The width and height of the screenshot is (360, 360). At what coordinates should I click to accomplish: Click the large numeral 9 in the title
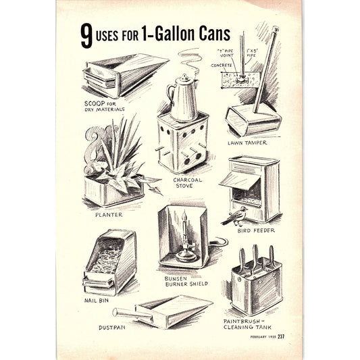pos(86,36)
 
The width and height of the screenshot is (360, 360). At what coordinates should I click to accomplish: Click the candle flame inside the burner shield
pos(183,217)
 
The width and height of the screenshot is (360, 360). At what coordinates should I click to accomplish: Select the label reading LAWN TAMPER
pos(248,143)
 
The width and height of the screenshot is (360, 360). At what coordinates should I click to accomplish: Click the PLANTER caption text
pos(109,215)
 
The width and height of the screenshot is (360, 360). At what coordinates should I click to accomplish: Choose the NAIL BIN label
pos(97,299)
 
